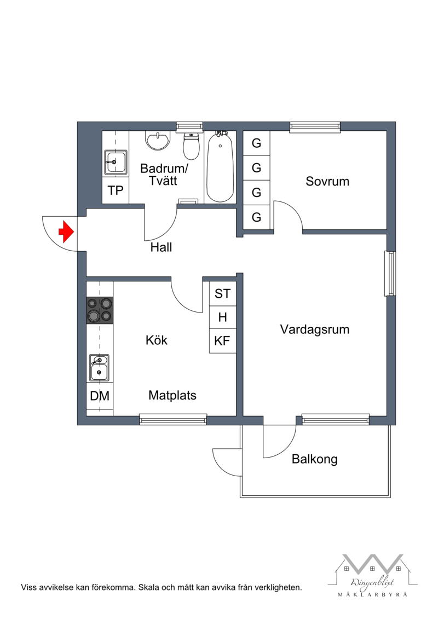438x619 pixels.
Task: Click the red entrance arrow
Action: pos(66,232)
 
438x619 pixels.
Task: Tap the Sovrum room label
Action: pos(327,181)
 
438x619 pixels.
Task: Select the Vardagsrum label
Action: pos(315,329)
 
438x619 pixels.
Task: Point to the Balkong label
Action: pos(314,459)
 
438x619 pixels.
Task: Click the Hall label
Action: pos(161,247)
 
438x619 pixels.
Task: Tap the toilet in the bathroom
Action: pos(191,145)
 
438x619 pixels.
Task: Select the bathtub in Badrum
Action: pos(220,167)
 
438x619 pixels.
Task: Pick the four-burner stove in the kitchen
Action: pos(100,310)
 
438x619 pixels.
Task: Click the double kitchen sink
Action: pos(99,368)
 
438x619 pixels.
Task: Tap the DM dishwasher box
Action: pos(100,396)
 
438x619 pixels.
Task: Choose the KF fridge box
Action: pos(222,340)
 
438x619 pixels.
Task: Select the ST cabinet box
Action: pos(222,293)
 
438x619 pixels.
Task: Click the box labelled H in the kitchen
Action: pos(222,317)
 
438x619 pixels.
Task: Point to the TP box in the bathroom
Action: pos(116,190)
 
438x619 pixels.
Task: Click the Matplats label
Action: pos(172,395)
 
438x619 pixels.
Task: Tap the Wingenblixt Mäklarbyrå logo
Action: pos(372,575)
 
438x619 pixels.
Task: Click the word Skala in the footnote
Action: pos(149,587)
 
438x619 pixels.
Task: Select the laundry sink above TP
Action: pos(116,162)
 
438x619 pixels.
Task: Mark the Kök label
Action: pos(157,340)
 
